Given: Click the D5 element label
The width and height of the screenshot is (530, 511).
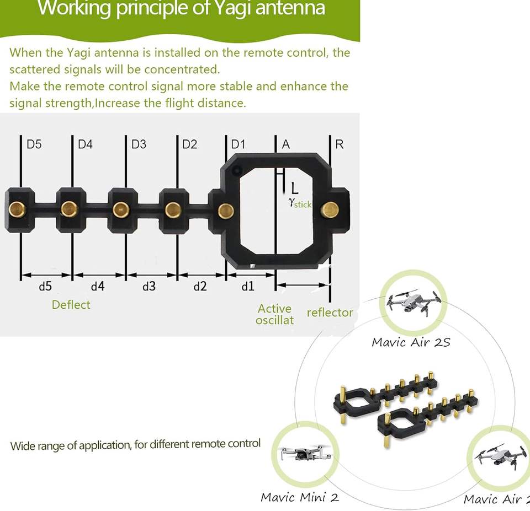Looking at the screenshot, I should [x=34, y=144].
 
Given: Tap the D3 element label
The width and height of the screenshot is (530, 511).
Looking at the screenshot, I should [x=139, y=144].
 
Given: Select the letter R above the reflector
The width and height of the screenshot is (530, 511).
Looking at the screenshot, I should [x=340, y=144].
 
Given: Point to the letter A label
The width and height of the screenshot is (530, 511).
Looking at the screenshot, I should [x=286, y=144].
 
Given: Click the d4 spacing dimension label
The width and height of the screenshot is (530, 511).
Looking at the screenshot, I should [x=97, y=286].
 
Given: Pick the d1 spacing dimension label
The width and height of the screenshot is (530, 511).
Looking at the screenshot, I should [x=248, y=286].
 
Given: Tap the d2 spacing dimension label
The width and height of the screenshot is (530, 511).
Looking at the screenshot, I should [x=200, y=286].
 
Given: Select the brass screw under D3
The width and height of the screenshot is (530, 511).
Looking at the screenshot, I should [x=121, y=209].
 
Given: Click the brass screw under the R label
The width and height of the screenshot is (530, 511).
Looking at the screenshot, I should [x=330, y=208].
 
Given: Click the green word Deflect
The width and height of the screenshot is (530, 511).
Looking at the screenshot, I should [x=71, y=304].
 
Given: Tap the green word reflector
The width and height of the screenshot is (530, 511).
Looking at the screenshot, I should [x=330, y=313].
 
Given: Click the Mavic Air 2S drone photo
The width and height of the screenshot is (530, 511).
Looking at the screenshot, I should [x=414, y=301].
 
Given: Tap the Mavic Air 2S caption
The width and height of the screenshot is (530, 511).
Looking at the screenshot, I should [x=411, y=342].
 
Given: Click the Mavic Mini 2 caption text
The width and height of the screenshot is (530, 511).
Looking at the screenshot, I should [x=300, y=497].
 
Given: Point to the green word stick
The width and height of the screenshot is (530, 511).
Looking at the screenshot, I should [x=302, y=205].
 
